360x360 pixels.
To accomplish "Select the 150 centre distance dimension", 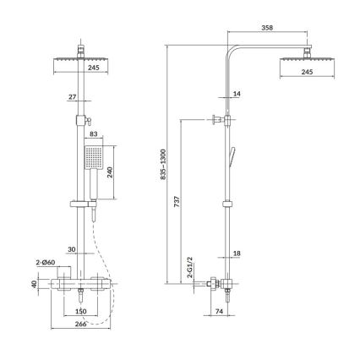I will (81, 309).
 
